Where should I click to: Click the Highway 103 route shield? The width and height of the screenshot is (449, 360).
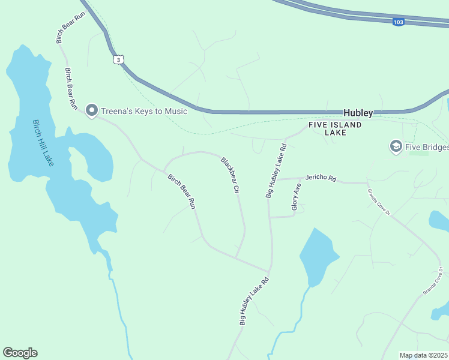click(x=399, y=22)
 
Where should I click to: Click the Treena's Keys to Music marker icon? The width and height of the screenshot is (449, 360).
click(x=92, y=110)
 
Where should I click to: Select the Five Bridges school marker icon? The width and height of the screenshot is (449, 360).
click(x=396, y=146)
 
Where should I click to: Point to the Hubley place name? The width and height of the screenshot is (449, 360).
click(x=358, y=113)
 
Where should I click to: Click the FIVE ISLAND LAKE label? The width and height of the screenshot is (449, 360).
click(x=336, y=128)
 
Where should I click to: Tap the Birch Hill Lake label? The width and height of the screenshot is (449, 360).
click(x=42, y=143)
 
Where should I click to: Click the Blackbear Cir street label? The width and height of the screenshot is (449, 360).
click(x=231, y=175)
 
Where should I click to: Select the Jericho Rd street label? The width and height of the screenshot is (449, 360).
click(x=321, y=178)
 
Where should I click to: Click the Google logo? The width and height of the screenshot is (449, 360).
click(x=20, y=353)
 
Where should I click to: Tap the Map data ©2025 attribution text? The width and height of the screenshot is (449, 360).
click(x=423, y=355)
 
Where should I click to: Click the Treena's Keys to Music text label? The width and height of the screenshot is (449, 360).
click(x=144, y=111)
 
